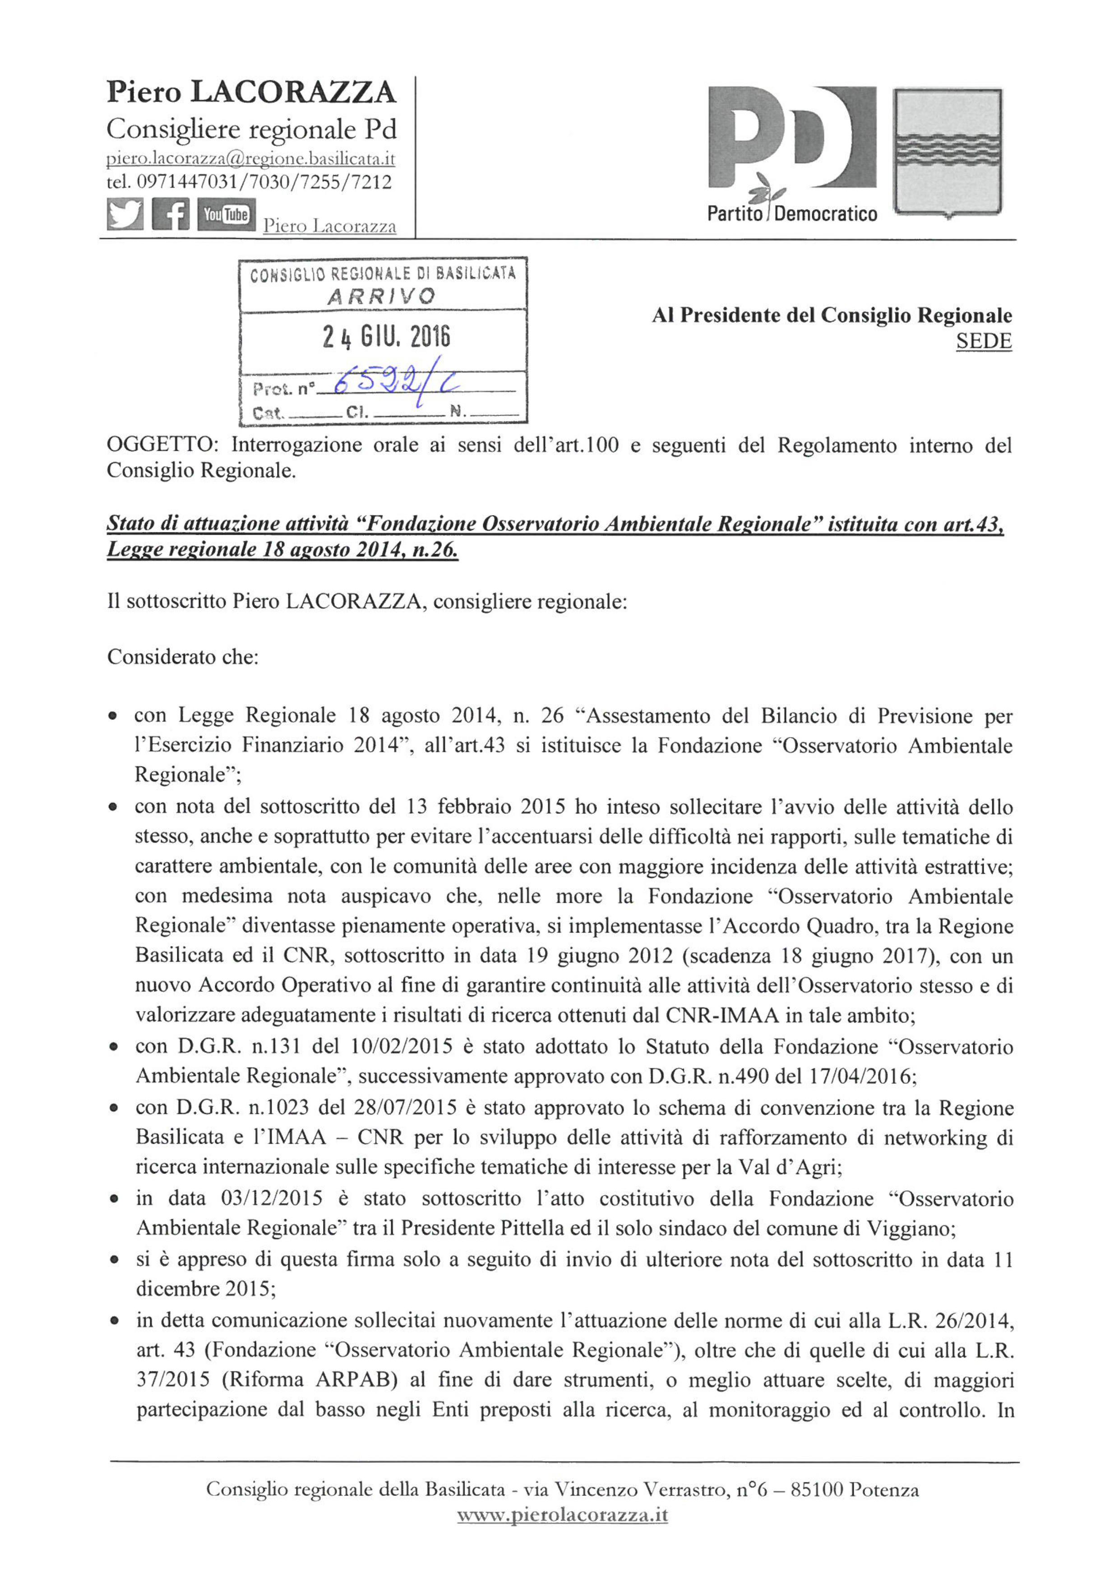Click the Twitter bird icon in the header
tap(125, 214)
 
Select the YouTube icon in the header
tap(225, 214)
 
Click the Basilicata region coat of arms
tap(948, 153)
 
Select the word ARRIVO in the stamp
tap(381, 297)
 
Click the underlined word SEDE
tap(983, 342)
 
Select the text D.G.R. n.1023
tap(236, 1108)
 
